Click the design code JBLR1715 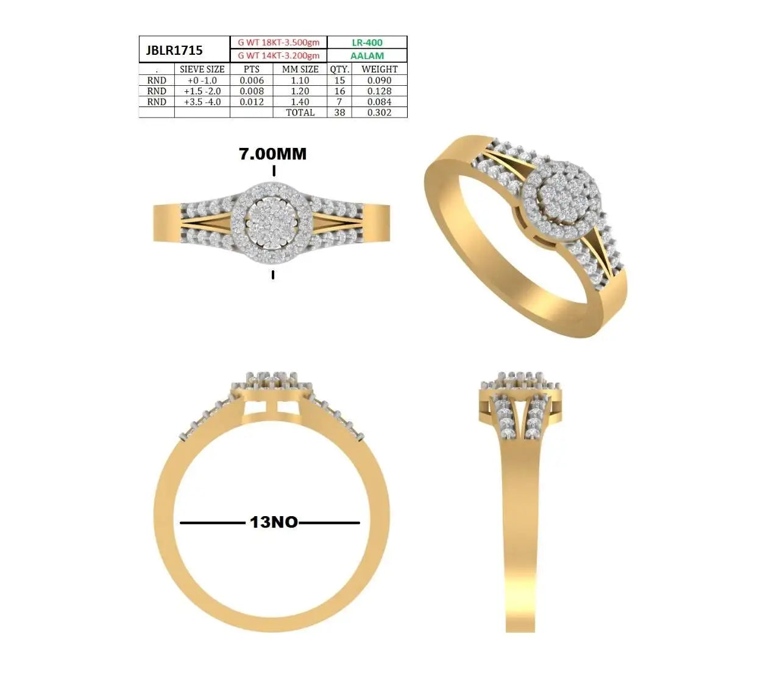(x=174, y=50)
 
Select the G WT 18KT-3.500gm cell (x=278, y=43)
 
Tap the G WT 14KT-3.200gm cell (x=278, y=55)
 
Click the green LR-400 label (x=367, y=43)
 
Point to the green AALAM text (x=367, y=56)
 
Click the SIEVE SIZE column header (x=202, y=69)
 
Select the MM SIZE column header (x=300, y=69)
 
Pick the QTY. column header (x=339, y=69)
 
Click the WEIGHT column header (x=379, y=69)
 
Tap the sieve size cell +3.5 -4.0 (x=202, y=102)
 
